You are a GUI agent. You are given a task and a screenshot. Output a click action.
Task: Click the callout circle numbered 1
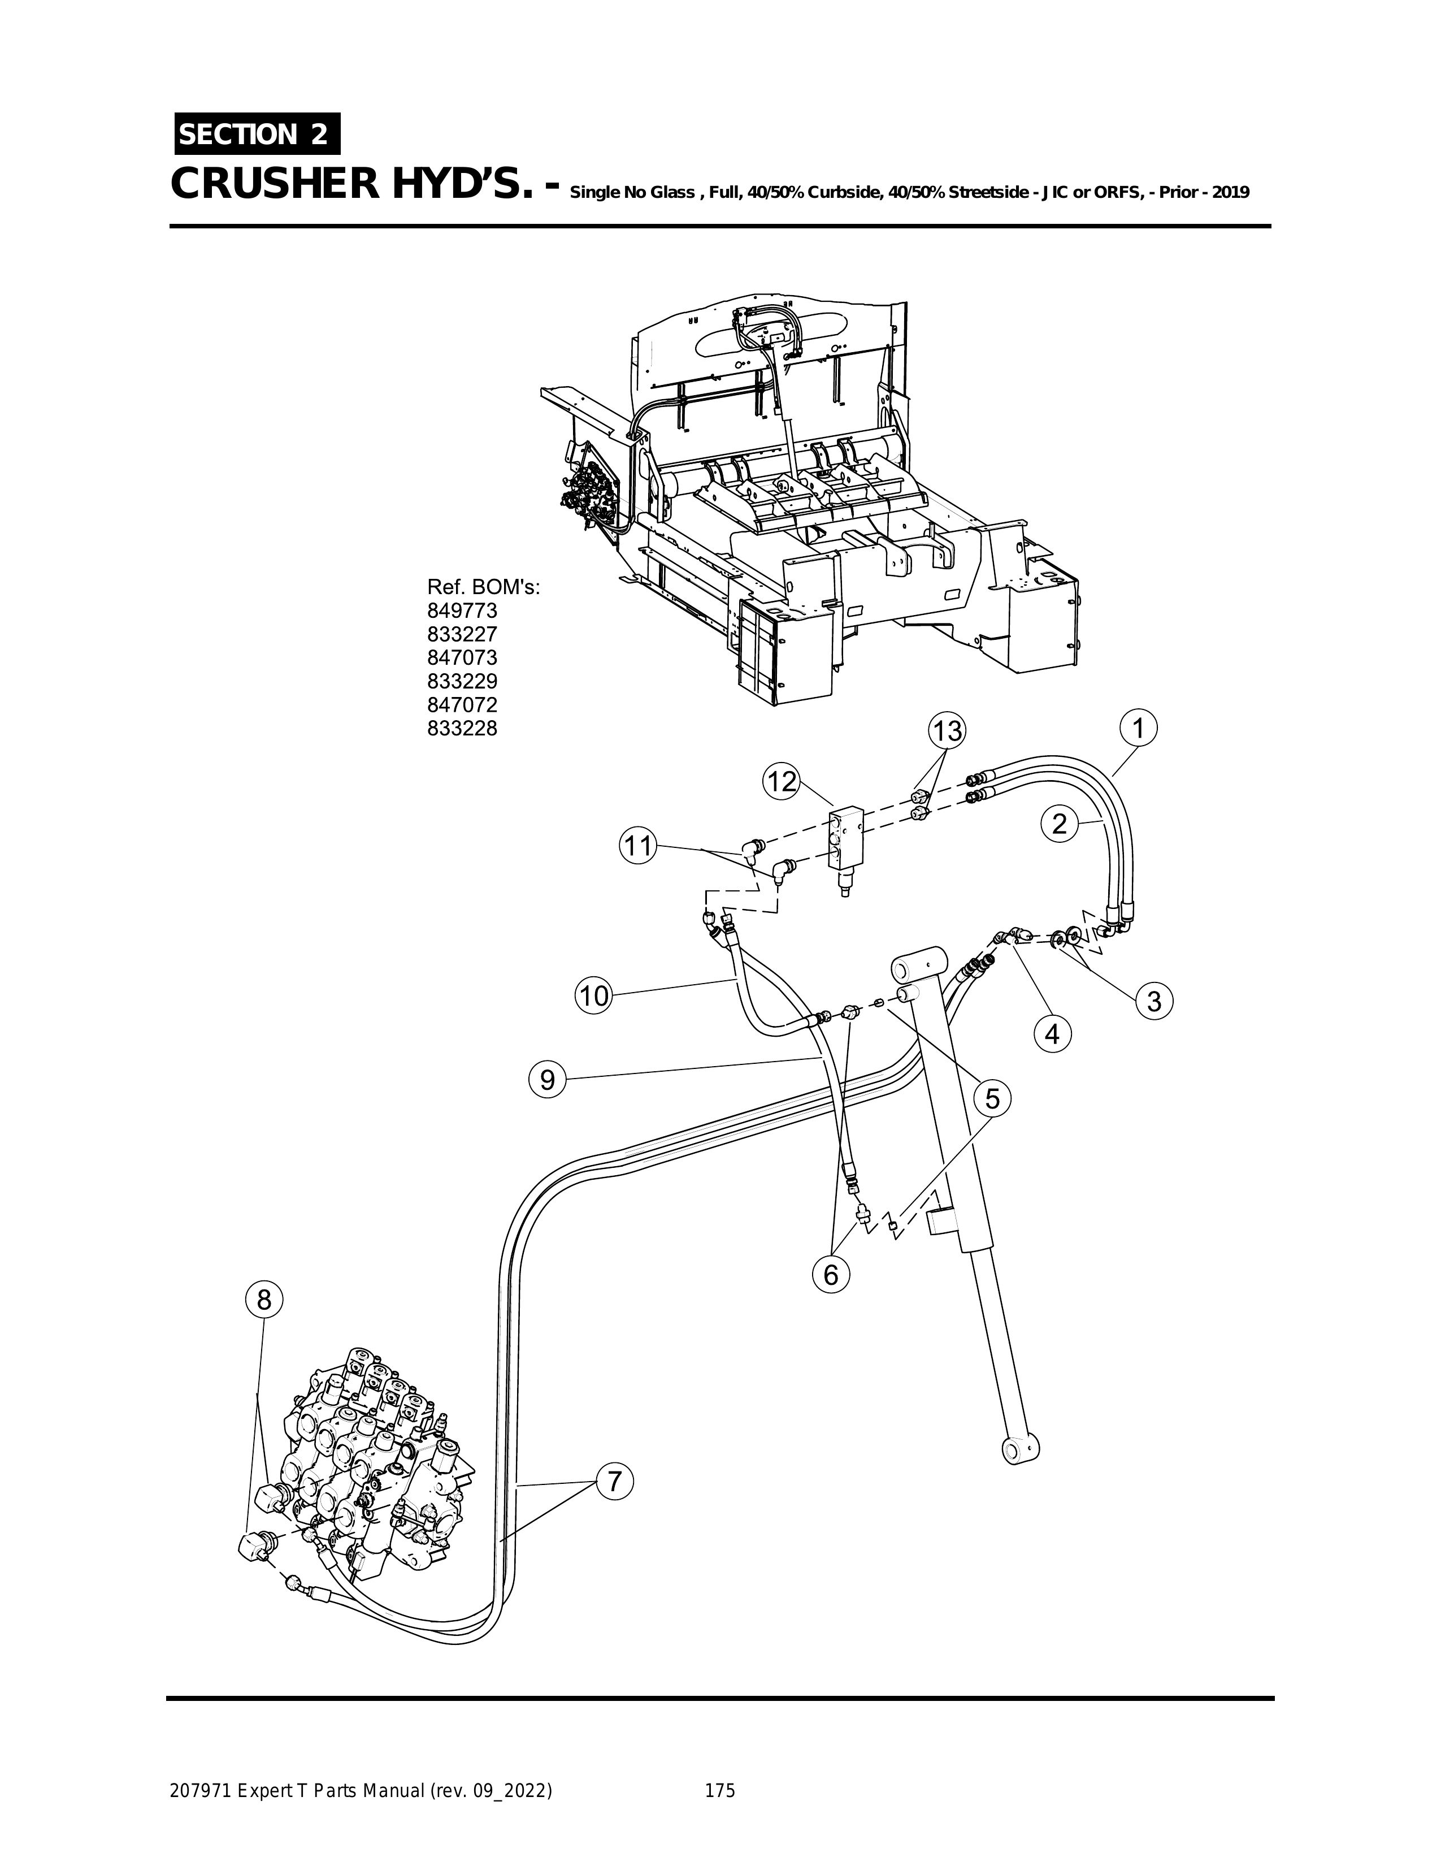[x=1138, y=729]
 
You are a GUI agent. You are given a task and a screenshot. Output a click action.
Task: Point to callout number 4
[x=1052, y=1034]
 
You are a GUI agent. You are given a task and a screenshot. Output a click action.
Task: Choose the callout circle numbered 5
[x=992, y=1098]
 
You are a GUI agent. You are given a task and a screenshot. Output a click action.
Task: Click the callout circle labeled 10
[x=594, y=995]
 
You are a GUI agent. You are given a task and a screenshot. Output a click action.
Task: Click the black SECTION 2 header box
[x=256, y=134]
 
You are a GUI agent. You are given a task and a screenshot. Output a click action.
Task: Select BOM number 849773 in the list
[x=462, y=611]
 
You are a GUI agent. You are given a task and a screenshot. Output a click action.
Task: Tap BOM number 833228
[x=462, y=729]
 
